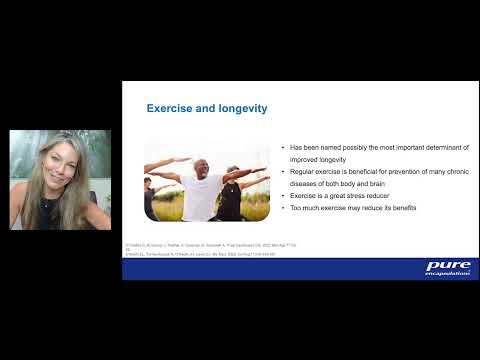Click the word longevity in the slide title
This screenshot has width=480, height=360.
[241, 108]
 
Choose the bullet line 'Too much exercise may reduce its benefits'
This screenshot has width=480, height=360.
[352, 207]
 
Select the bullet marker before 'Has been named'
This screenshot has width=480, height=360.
[284, 147]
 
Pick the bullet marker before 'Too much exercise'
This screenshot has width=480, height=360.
[284, 207]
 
